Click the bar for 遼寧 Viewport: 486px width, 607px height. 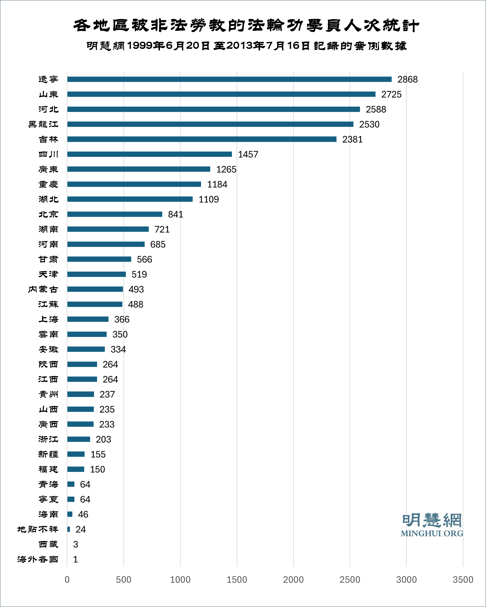coord(229,79)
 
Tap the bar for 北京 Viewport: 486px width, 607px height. coord(115,214)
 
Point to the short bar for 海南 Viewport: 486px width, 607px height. coord(70,514)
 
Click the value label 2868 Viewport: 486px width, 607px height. coord(407,80)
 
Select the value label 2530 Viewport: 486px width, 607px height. coord(369,124)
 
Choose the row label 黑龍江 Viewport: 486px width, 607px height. coord(43,124)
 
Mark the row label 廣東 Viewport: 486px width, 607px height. coord(48,169)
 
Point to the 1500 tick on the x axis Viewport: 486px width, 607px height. coord(237,579)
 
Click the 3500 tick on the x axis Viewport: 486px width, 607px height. coord(463,579)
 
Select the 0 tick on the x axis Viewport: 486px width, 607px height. coord(67,579)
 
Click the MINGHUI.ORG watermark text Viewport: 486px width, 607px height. coord(432,533)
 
